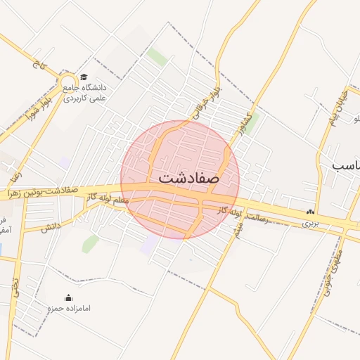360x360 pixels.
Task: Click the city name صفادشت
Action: pyautogui.click(x=188, y=177)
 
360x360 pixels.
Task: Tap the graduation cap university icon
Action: pyautogui.click(x=84, y=77)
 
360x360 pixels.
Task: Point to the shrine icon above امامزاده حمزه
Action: pyautogui.click(x=68, y=297)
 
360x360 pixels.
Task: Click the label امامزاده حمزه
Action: pyautogui.click(x=68, y=309)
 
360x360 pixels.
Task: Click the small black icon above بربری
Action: pyautogui.click(x=310, y=212)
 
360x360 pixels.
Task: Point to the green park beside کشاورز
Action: pyautogui.click(x=250, y=122)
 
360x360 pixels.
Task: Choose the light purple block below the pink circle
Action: pyautogui.click(x=149, y=245)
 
